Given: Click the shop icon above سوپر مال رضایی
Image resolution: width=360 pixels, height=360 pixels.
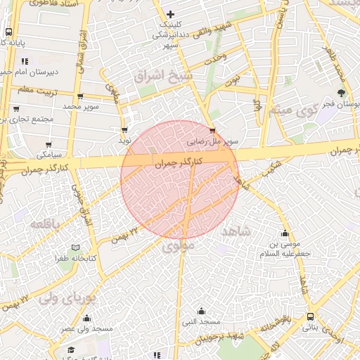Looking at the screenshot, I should click(213, 130).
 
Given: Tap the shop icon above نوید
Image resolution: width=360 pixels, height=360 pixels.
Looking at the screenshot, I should click(124, 130).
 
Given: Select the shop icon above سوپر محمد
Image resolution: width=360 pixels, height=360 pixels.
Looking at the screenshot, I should click(79, 96).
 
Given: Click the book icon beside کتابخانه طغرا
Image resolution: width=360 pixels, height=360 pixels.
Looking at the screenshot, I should click(75, 247).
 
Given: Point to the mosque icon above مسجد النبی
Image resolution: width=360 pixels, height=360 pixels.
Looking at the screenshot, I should click(202, 311).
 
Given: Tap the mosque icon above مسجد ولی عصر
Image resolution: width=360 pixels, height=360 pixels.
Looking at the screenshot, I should click(86, 318).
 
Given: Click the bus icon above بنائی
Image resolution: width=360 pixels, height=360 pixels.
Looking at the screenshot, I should click(311, 316).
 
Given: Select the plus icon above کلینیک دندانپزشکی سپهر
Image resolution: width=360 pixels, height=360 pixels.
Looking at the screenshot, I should click(170, 15).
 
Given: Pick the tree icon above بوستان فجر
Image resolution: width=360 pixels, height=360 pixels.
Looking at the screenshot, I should click(342, 93).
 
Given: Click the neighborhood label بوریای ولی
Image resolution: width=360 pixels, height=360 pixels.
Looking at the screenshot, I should click(67, 297).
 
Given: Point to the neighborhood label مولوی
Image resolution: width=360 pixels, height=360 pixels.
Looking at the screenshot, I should click(178, 247).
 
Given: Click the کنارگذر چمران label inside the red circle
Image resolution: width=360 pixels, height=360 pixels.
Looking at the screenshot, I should click(178, 162).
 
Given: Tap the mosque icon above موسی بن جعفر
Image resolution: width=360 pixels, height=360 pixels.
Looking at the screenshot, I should click(285, 234).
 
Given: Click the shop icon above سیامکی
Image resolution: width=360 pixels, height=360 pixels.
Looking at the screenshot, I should click(49, 142).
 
